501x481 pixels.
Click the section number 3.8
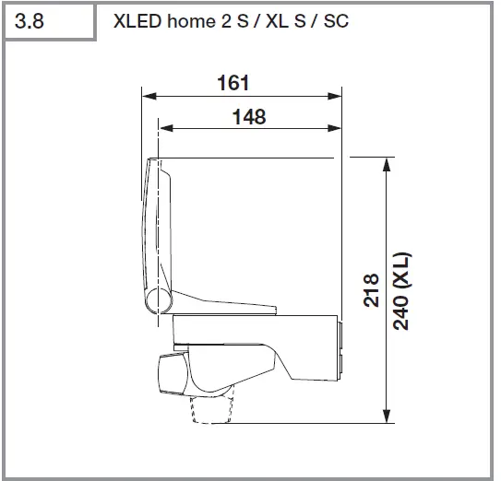tap(30, 20)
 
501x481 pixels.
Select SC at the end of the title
tap(337, 20)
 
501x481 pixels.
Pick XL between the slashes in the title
tap(276, 20)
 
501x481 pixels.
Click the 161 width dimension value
tap(233, 82)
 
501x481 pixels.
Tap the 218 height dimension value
tap(371, 290)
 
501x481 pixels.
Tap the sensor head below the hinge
tap(174, 372)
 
